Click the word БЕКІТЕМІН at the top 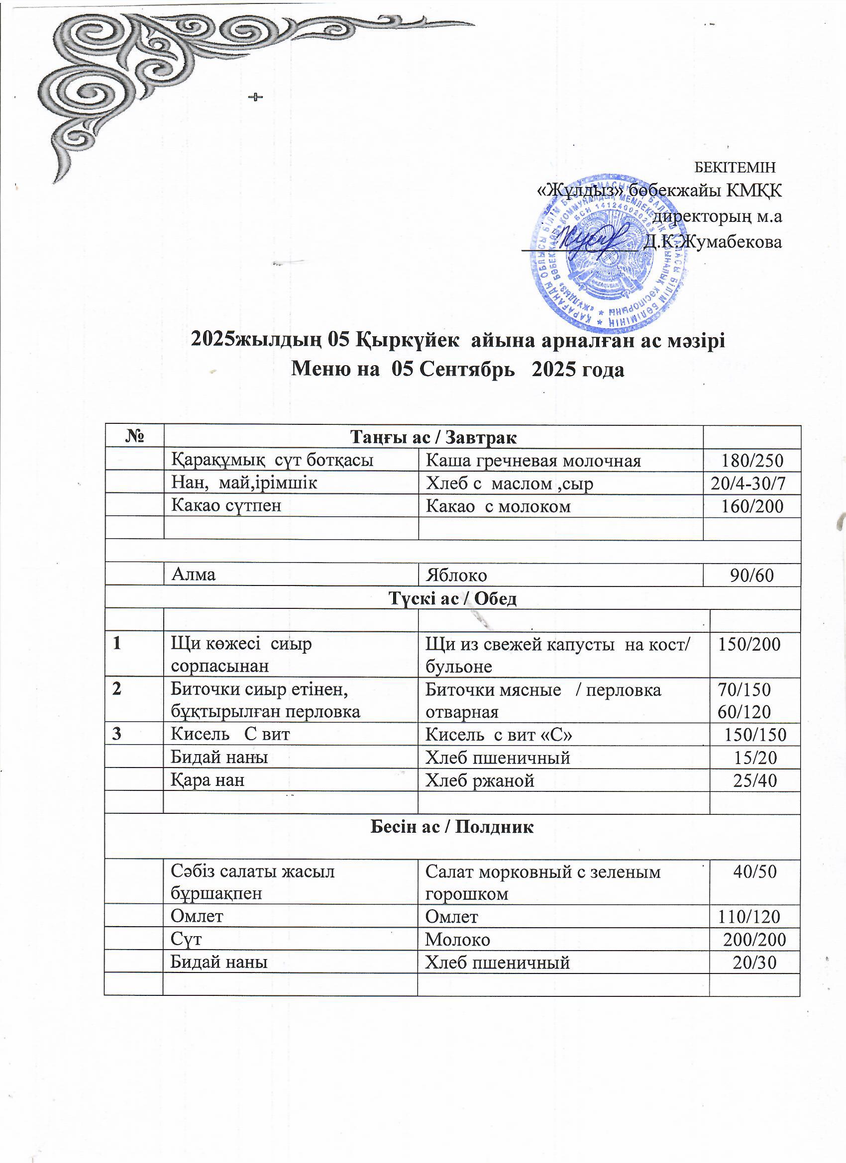734,167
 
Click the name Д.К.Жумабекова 713,242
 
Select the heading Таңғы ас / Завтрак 433,437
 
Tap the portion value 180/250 752,461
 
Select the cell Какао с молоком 498,506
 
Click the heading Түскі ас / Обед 452,598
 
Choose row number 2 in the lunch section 117,688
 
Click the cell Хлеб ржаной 480,780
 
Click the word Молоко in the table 457,939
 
